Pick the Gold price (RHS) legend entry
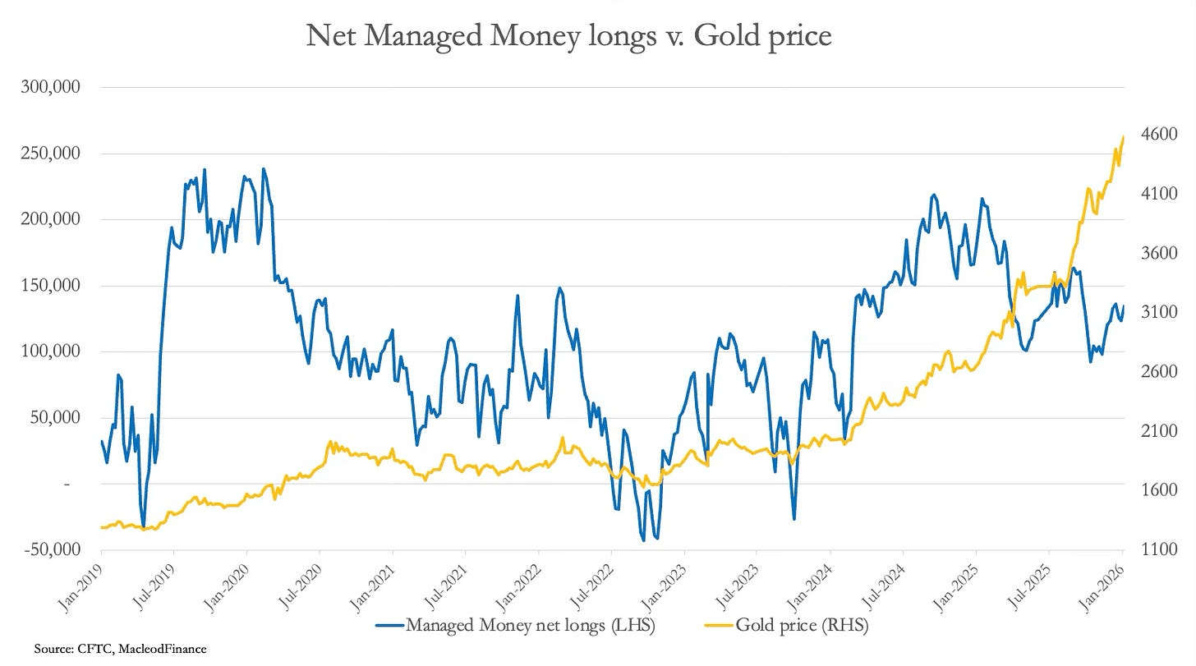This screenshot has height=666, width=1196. click(x=802, y=625)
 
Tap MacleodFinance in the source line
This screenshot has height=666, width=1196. click(x=161, y=650)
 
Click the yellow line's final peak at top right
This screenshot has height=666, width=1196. click(x=1123, y=137)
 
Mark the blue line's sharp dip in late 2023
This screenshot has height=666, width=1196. click(x=793, y=518)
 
